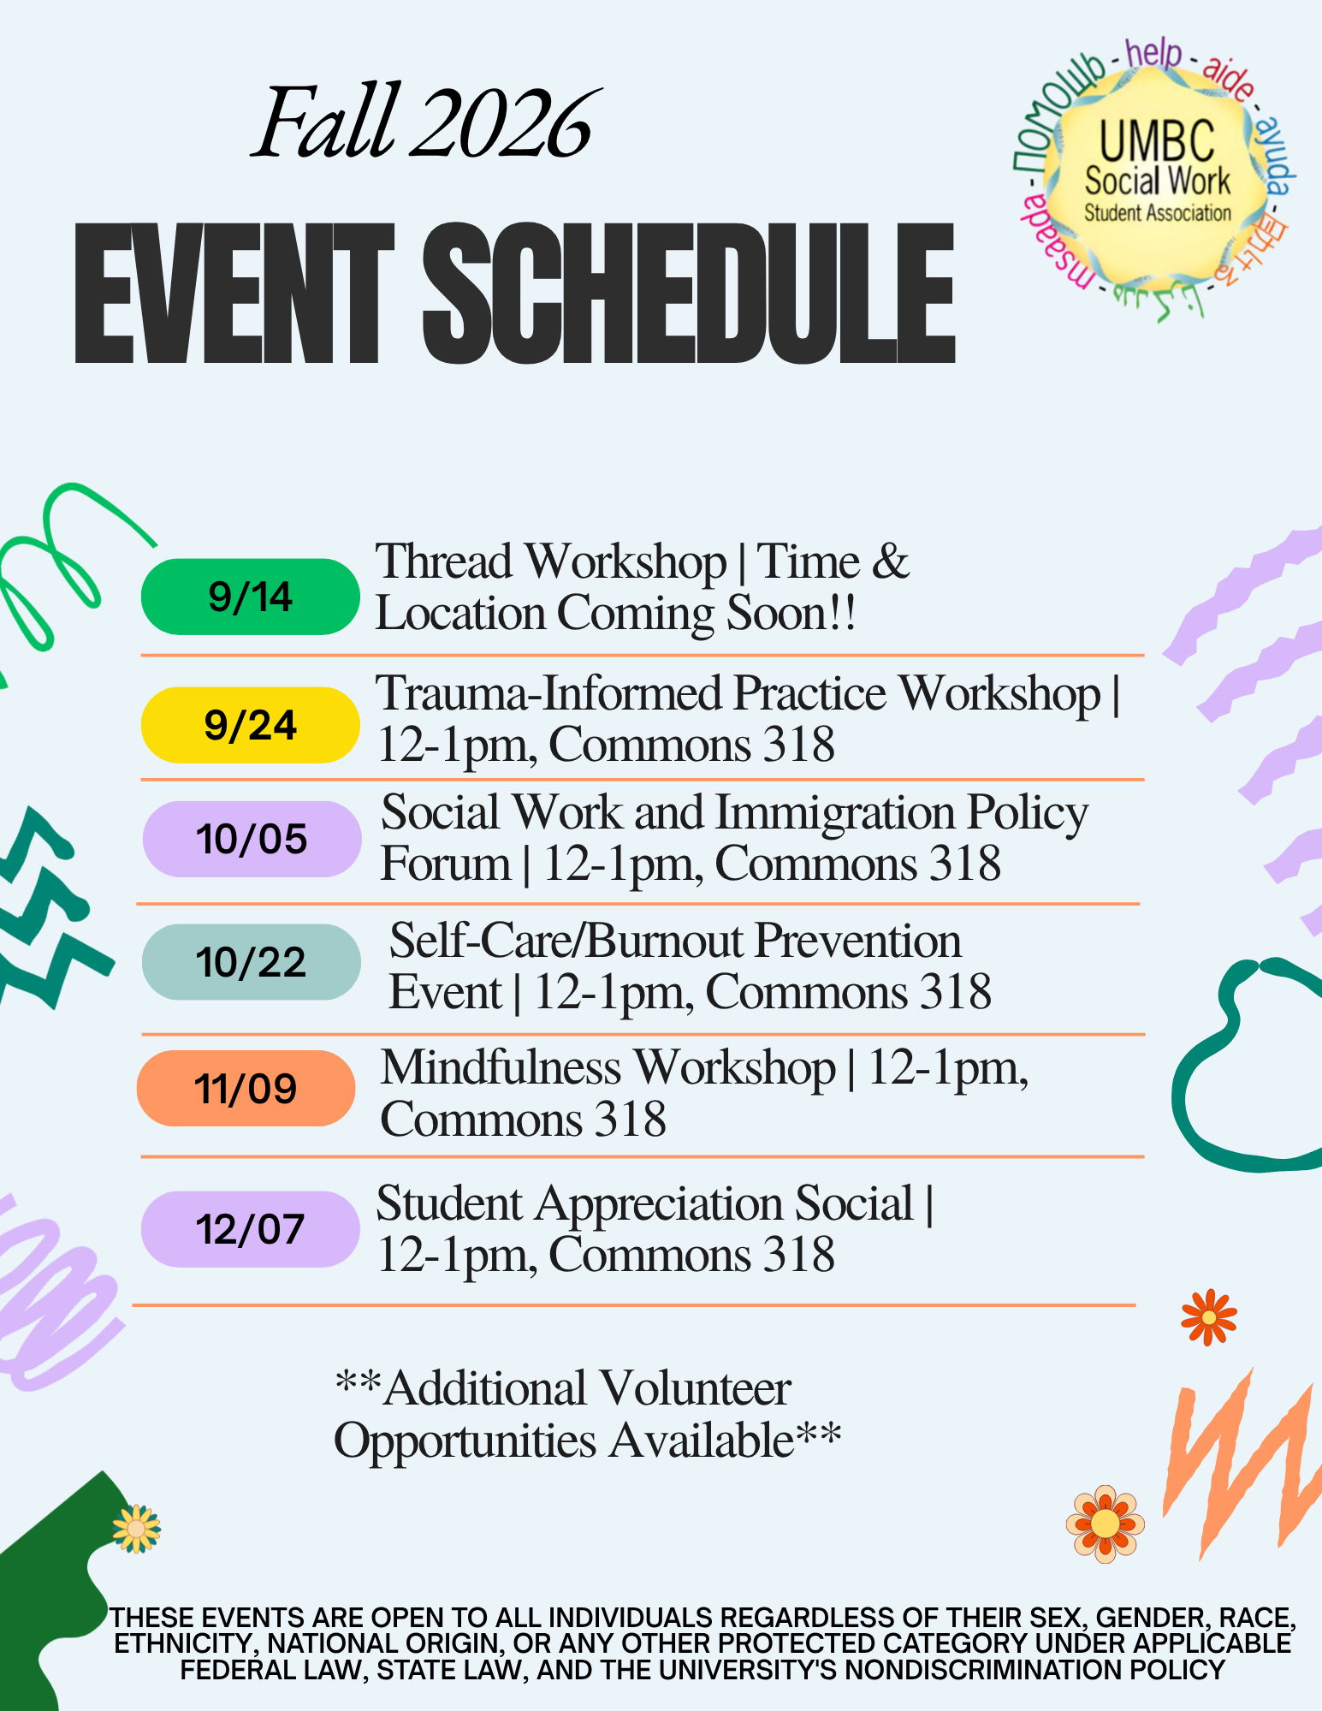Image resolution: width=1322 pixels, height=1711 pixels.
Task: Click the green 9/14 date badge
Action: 250,597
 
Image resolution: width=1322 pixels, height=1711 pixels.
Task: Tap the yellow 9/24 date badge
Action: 250,725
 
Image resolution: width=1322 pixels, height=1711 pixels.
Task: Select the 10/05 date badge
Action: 252,839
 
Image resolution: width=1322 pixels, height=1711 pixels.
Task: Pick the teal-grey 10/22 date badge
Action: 251,962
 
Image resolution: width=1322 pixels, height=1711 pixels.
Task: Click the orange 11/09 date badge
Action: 246,1088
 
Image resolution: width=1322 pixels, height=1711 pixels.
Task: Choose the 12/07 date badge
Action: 250,1229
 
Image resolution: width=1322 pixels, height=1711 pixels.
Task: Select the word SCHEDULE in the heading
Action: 689,294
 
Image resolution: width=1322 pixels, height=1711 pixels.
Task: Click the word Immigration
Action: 835,813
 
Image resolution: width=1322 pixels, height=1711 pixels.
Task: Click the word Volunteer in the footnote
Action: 694,1388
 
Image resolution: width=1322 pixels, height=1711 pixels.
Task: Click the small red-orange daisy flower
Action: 1208,1317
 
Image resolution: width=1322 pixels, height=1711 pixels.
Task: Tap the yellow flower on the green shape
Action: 136,1529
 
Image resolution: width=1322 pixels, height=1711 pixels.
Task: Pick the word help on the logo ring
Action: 1153,53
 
